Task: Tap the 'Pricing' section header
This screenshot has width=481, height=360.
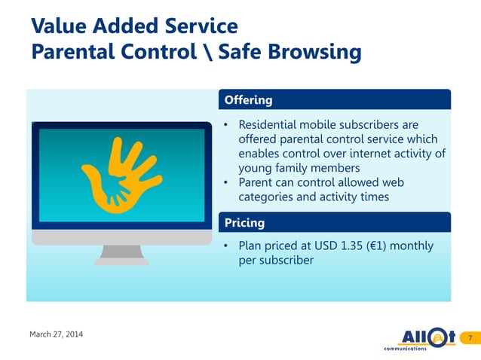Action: point(244,223)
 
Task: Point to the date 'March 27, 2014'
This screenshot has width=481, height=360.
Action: point(57,334)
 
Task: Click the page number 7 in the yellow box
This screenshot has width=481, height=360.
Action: point(470,337)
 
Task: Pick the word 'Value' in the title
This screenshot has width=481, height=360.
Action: point(57,26)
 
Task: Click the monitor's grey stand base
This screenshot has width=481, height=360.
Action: point(121,261)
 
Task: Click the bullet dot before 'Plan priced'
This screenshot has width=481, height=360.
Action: point(226,246)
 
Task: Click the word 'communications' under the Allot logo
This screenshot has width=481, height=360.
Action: point(405,349)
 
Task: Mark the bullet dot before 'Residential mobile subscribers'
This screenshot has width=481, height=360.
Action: point(226,124)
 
